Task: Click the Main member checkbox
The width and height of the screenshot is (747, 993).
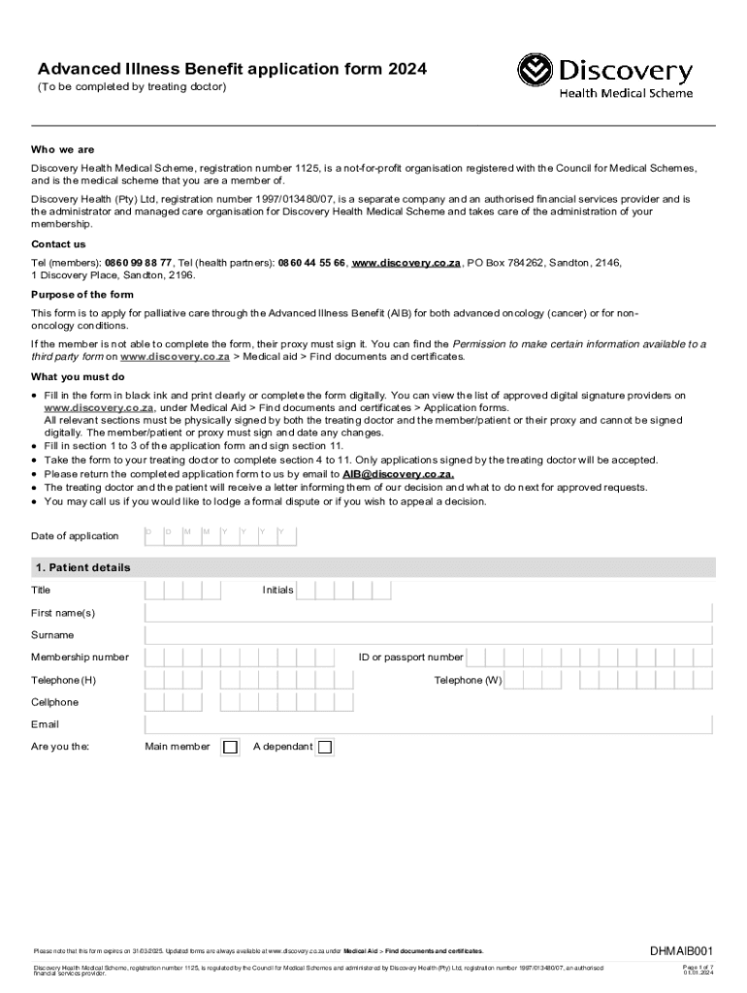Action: coord(230,747)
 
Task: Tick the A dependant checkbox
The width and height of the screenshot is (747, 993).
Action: coord(325,747)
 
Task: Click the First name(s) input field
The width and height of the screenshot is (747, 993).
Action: coord(428,613)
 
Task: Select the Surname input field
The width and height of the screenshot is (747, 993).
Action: coord(428,635)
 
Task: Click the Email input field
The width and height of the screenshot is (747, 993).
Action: coord(428,724)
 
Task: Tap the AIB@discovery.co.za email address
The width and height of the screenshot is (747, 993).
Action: coord(398,474)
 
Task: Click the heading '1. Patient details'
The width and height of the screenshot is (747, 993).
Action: coord(82,567)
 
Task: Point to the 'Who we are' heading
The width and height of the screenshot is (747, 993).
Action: coord(63,150)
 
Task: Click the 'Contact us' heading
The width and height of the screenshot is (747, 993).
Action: coord(58,244)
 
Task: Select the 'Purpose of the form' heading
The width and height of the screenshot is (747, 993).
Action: coord(82,295)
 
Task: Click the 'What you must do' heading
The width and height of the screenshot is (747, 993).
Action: coord(78,377)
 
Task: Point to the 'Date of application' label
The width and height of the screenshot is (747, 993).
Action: coord(75,536)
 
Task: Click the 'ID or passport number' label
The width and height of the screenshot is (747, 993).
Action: coord(410,657)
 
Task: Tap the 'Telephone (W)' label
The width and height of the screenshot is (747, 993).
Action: coord(468,680)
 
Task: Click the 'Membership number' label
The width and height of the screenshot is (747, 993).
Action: coord(80,657)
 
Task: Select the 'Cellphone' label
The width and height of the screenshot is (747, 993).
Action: coord(54,702)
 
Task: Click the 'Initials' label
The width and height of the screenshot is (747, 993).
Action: coord(277,590)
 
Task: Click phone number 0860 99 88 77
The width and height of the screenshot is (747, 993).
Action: coord(139,263)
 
